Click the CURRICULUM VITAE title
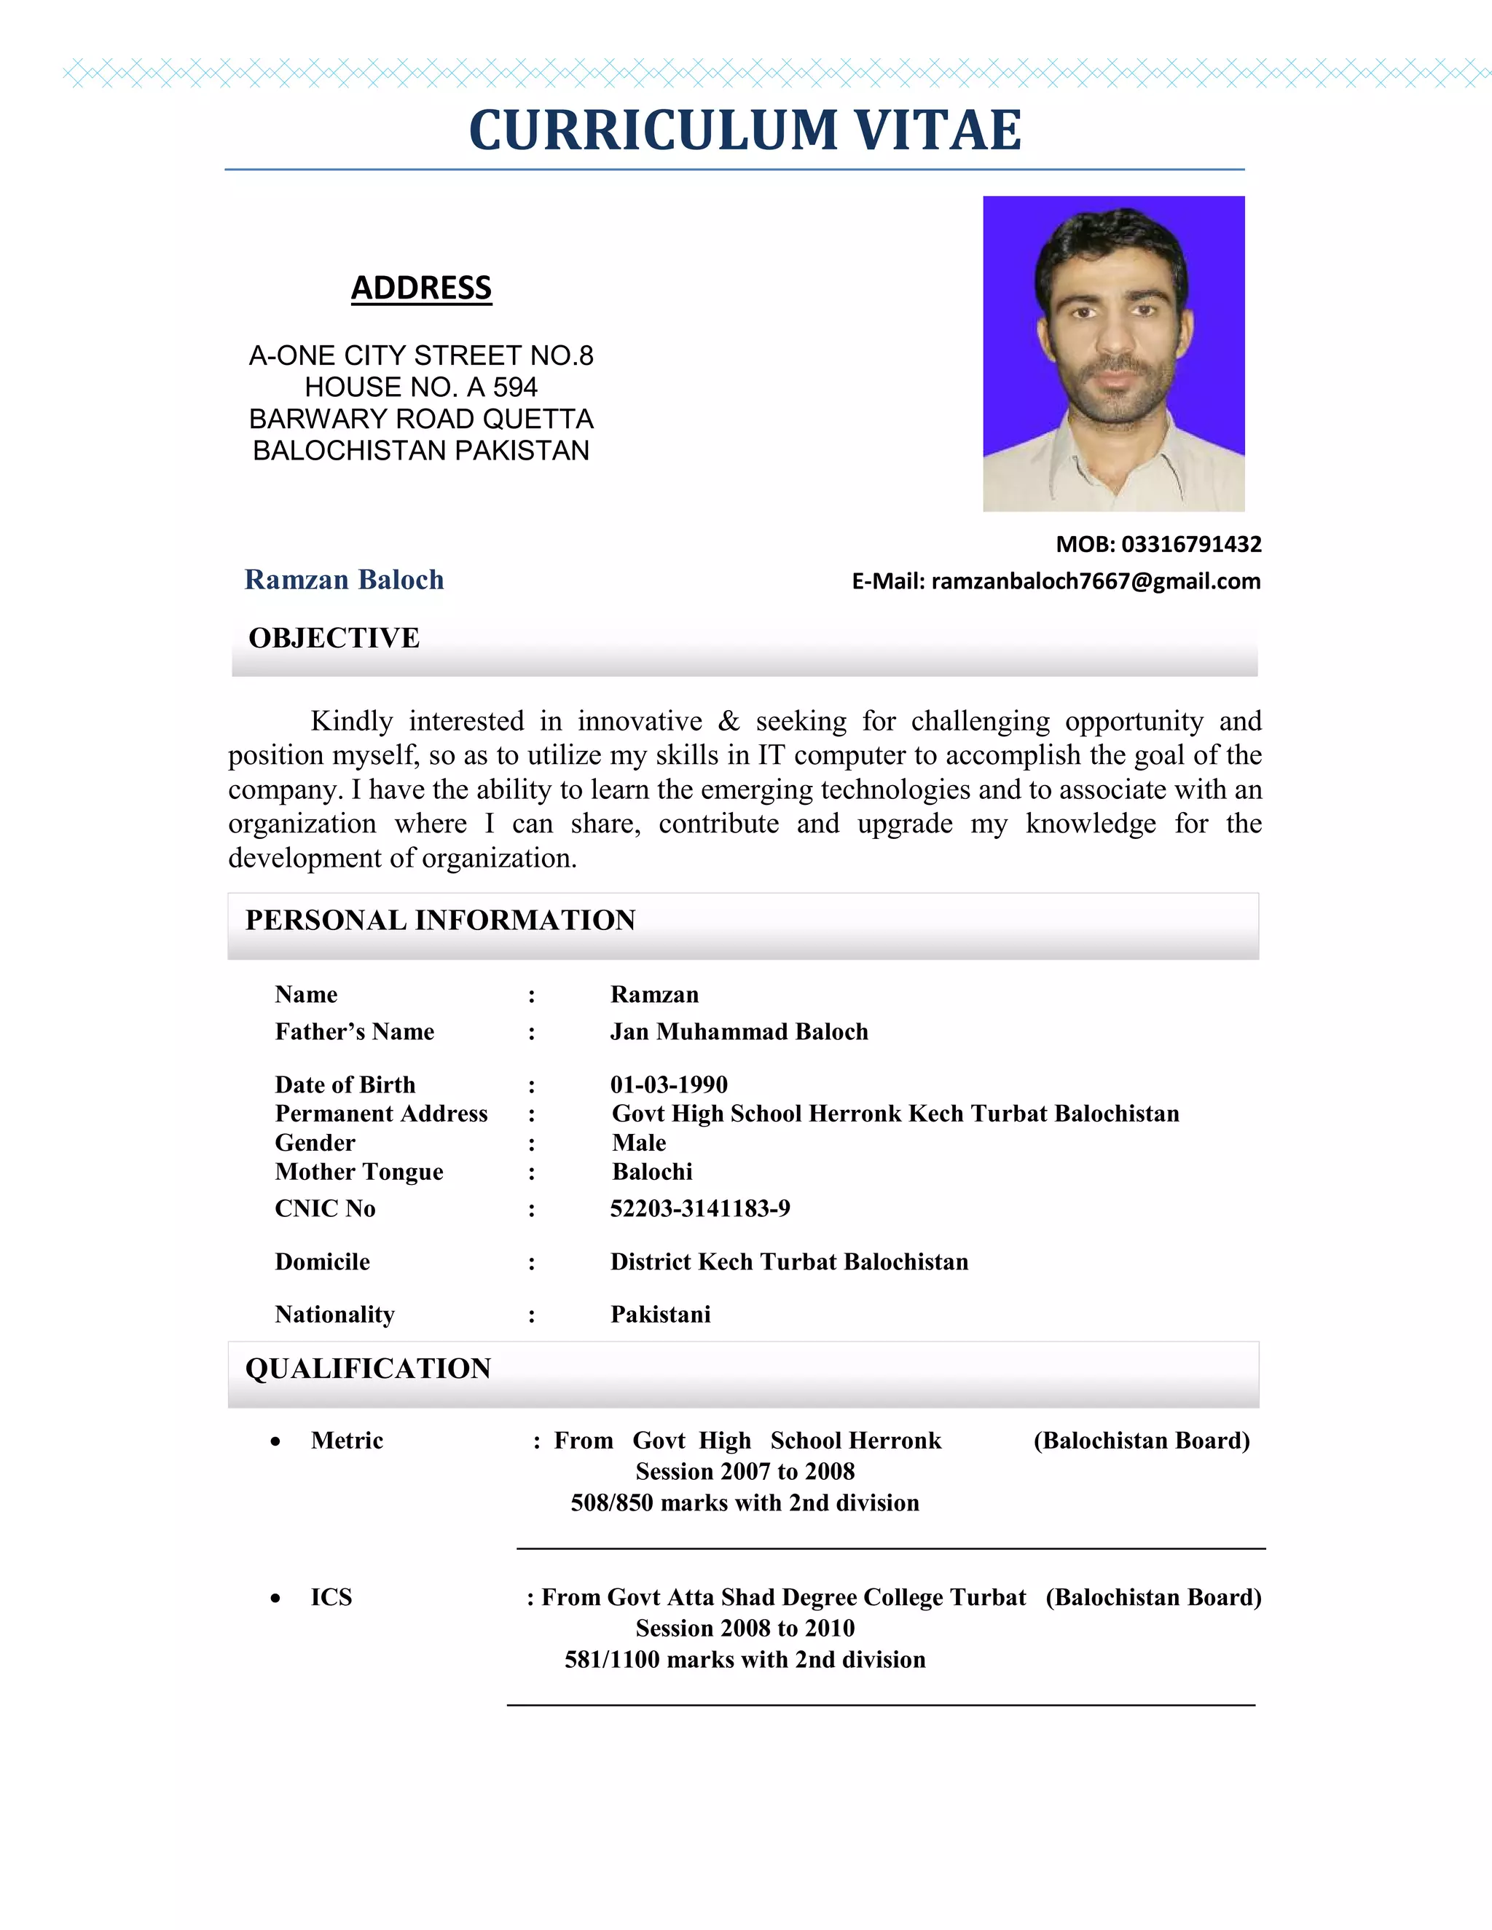click(745, 130)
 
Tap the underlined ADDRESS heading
click(421, 288)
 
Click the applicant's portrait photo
click(1113, 353)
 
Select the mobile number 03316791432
click(1190, 544)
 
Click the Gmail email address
click(1095, 581)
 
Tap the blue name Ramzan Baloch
click(344, 580)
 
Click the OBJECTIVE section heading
click(334, 638)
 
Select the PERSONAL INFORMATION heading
click(440, 920)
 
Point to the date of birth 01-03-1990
click(668, 1084)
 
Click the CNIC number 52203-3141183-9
click(700, 1208)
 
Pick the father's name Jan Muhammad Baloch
click(739, 1032)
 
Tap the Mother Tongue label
click(359, 1172)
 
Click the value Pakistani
click(660, 1314)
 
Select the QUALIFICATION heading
click(368, 1368)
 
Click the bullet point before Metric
click(276, 1442)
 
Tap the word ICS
click(331, 1597)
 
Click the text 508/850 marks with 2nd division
click(745, 1502)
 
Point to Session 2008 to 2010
click(745, 1628)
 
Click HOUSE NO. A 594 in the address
click(421, 387)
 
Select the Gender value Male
click(638, 1143)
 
